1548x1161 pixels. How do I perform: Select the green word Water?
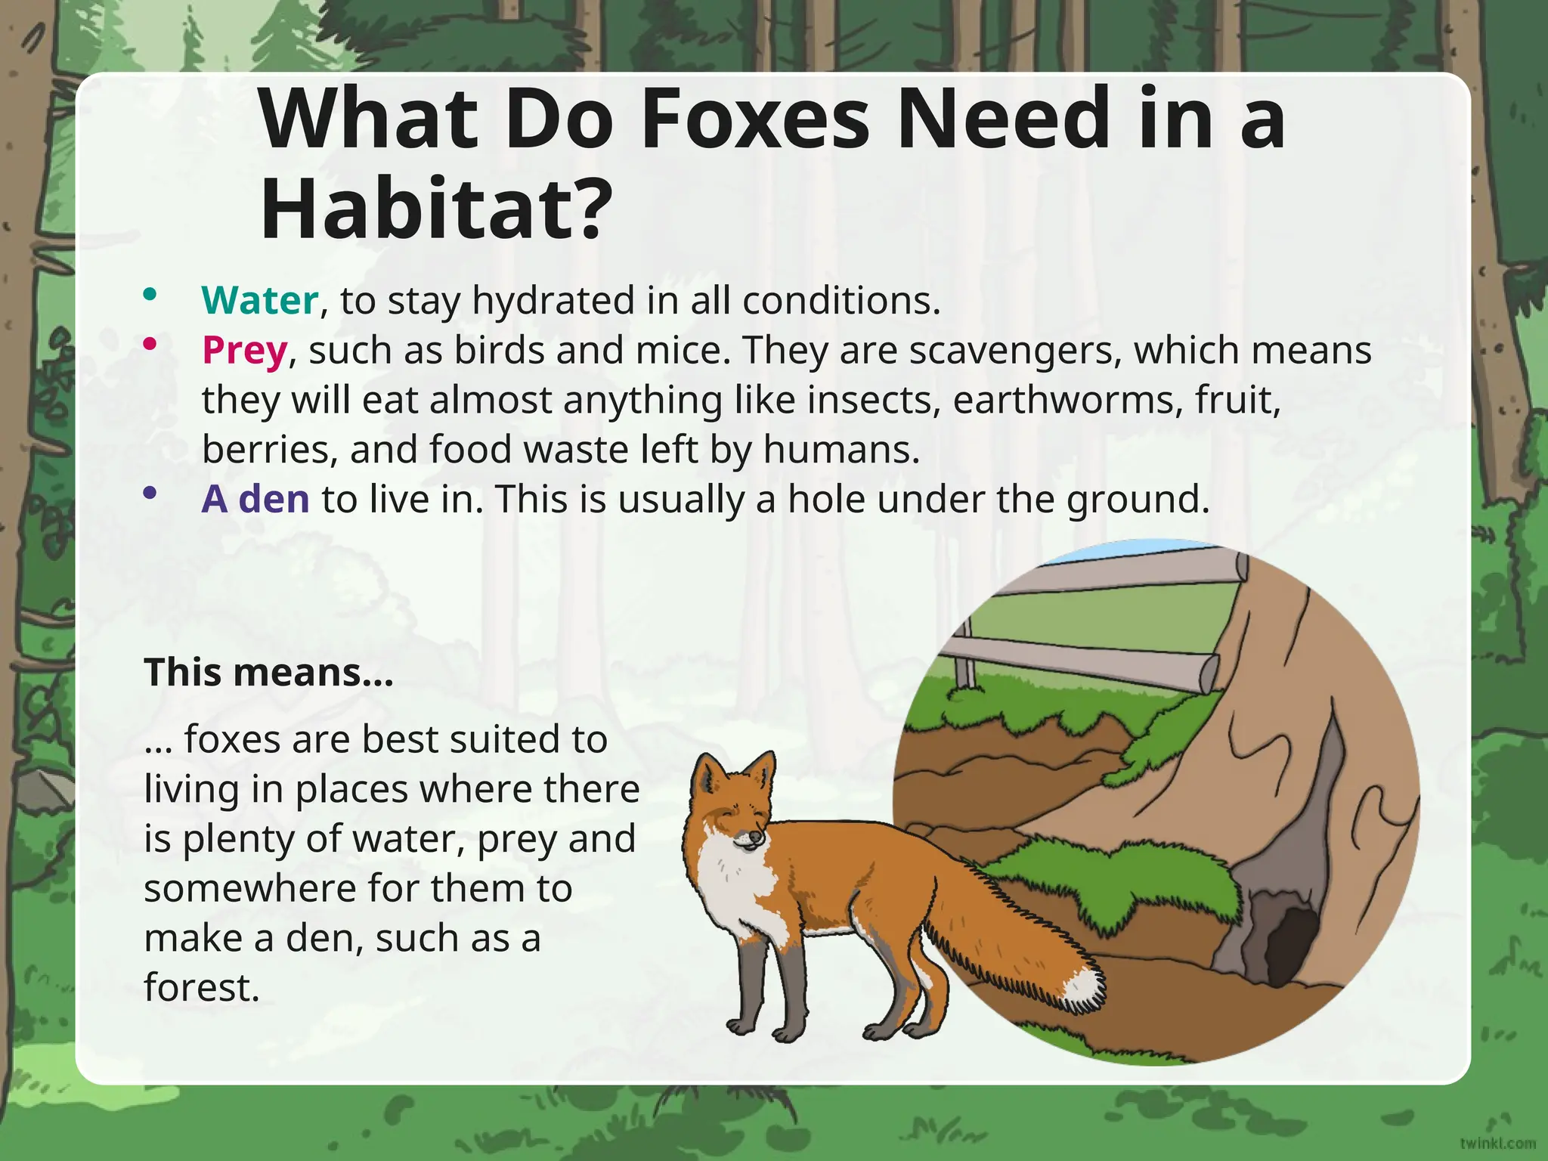point(259,300)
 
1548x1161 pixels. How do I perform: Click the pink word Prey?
point(244,351)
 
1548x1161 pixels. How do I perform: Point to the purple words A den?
point(255,499)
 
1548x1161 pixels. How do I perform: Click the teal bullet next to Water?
point(150,295)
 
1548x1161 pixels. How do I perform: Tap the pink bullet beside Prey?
point(150,345)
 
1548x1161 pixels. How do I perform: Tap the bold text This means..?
point(268,672)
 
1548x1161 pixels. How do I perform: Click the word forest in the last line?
point(201,987)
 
